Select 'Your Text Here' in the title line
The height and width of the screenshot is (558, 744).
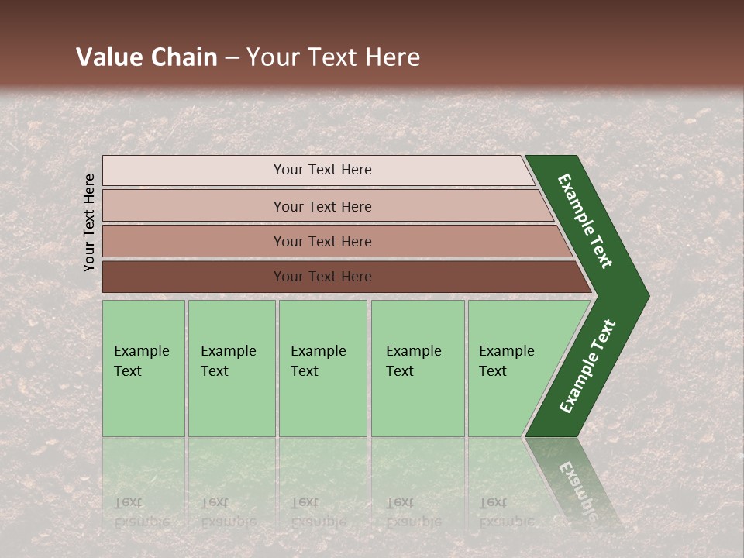(333, 57)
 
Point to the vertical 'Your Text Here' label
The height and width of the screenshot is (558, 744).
(89, 222)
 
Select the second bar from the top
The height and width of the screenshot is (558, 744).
(322, 206)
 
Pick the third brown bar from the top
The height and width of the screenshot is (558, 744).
(322, 241)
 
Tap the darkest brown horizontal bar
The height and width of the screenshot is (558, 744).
(322, 277)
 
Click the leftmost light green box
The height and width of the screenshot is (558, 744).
(143, 368)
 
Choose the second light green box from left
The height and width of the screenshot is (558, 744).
(232, 368)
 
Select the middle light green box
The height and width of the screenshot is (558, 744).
(322, 368)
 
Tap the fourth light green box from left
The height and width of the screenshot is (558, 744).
(418, 368)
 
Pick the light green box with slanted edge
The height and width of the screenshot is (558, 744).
(511, 368)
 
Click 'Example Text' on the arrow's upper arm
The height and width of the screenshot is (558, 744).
(586, 221)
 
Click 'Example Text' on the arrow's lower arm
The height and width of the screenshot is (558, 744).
(587, 367)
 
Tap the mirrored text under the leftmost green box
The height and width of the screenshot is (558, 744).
(141, 512)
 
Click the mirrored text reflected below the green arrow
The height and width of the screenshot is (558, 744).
(577, 488)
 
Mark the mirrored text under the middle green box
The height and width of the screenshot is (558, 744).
(318, 512)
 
